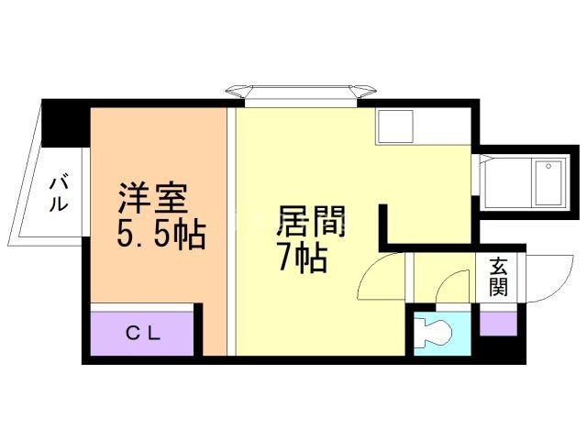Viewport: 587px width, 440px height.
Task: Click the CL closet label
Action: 142,334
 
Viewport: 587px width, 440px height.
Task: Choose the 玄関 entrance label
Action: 498,277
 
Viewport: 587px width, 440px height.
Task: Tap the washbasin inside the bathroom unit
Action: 549,168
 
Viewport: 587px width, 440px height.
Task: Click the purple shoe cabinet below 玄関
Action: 498,323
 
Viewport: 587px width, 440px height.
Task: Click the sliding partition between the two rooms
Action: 232,229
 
